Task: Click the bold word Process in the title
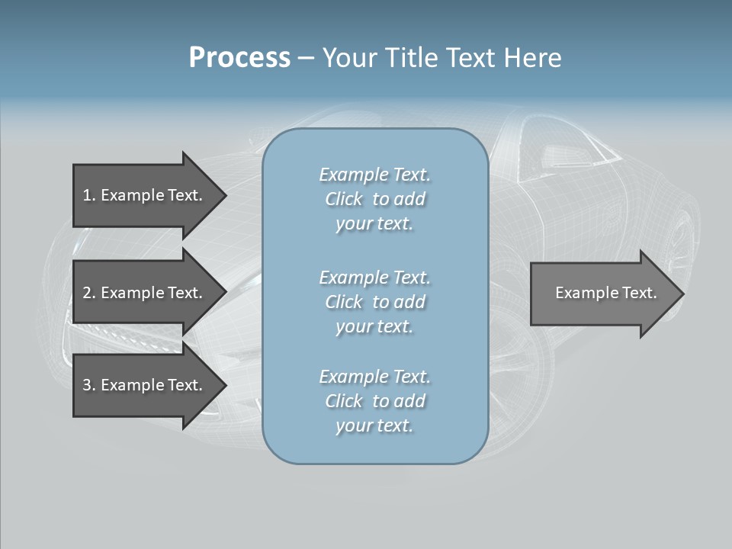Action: coord(239,58)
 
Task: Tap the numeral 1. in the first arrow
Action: coord(88,195)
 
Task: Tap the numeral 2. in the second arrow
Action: coord(88,293)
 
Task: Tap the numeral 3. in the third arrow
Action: coord(88,385)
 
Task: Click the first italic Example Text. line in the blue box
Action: coord(374,175)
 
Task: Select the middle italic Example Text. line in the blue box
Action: coord(374,277)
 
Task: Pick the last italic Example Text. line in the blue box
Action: coord(374,377)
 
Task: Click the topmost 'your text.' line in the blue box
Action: coord(374,224)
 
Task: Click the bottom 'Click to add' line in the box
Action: coord(374,401)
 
